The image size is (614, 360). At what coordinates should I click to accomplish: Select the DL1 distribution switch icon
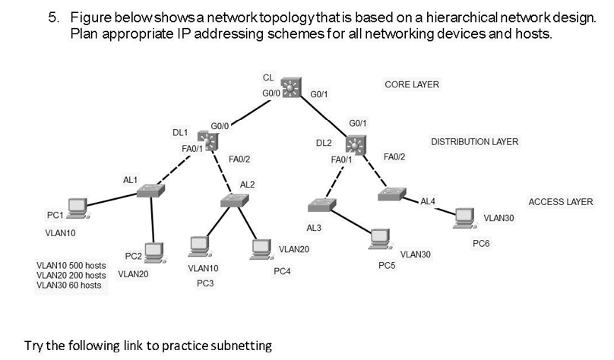tap(207, 140)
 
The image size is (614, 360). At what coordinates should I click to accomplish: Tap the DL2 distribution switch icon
tap(356, 144)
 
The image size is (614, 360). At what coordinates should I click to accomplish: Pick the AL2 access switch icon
tap(235, 200)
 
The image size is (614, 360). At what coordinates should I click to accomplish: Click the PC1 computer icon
tap(76, 206)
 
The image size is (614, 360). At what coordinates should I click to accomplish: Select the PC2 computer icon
tap(155, 251)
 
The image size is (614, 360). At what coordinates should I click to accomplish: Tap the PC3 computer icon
tap(199, 246)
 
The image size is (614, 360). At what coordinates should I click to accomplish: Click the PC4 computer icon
tap(261, 248)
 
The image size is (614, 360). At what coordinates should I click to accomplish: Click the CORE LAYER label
tap(412, 84)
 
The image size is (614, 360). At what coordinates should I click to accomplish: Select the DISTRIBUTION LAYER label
tap(474, 142)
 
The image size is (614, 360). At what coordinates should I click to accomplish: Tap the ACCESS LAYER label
tap(560, 202)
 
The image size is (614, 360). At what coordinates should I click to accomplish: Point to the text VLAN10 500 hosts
tap(71, 265)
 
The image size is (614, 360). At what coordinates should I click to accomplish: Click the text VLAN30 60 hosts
tap(68, 285)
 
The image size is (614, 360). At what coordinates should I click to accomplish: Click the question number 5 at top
tap(54, 17)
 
